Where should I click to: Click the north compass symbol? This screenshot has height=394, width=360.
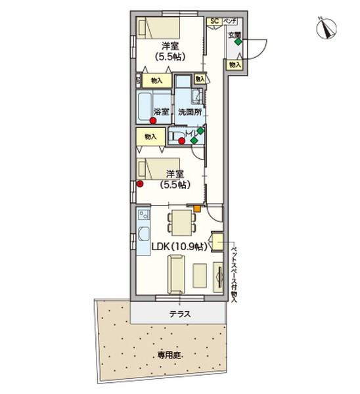click(325, 29)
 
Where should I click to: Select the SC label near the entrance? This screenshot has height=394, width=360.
click(214, 21)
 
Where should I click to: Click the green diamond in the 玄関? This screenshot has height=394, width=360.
click(237, 43)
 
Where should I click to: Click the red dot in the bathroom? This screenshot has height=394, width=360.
click(153, 121)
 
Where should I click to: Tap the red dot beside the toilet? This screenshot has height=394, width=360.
click(182, 140)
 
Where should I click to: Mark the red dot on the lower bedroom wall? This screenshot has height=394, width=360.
click(140, 184)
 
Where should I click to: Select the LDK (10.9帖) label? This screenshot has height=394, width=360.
click(179, 247)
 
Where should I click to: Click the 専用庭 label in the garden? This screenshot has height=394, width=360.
click(169, 356)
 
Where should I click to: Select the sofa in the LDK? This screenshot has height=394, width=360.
click(176, 274)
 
